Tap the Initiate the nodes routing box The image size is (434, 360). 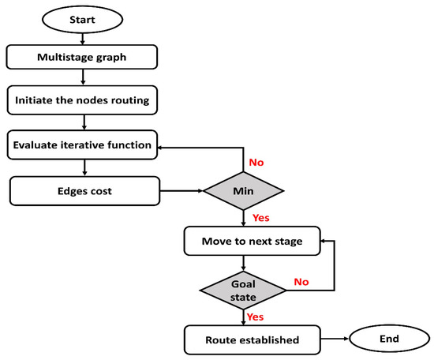point(84,100)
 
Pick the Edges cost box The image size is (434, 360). point(84,190)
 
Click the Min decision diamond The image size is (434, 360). point(243,190)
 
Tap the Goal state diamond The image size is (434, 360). point(243,289)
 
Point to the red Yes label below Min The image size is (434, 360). point(260,217)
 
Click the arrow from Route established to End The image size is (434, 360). point(324,339)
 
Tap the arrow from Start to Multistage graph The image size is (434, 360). point(84,36)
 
